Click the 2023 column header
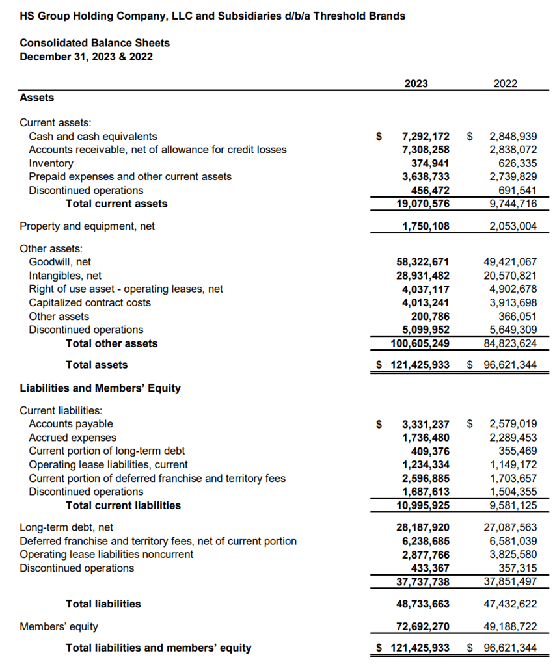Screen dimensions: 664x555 tap(416, 83)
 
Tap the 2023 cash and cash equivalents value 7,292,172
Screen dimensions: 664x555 tap(426, 137)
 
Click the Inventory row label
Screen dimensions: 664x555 tap(51, 163)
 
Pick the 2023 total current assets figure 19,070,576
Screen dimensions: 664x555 tap(423, 204)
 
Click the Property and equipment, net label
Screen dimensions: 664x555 tap(87, 226)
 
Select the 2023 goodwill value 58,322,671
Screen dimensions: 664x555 tap(423, 262)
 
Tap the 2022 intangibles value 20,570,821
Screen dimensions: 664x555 tap(510, 276)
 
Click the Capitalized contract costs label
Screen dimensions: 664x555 tap(90, 302)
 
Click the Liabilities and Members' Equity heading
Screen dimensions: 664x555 tap(100, 388)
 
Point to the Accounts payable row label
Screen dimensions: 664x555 tap(71, 424)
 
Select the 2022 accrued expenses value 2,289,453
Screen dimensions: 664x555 tap(513, 438)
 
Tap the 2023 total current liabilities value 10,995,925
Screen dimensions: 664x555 tap(423, 505)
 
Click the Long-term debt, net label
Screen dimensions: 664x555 tap(66, 527)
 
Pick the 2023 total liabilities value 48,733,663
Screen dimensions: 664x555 tap(423, 604)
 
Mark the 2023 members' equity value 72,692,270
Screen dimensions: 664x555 tap(423, 627)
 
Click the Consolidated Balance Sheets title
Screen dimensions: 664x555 tap(94, 43)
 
